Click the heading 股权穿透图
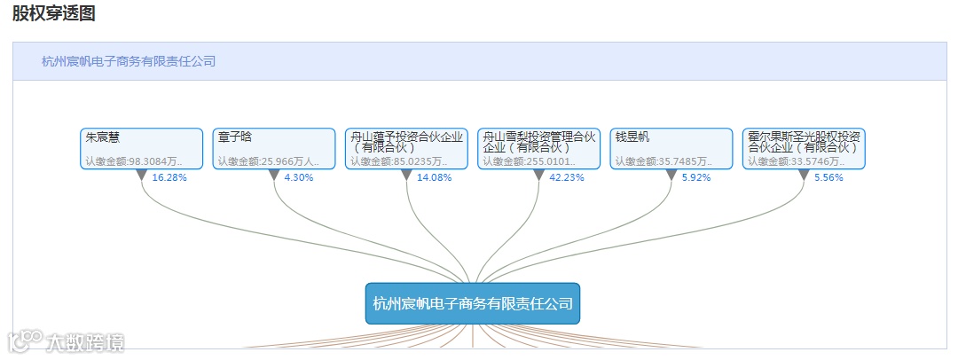click(53, 13)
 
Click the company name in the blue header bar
click(129, 61)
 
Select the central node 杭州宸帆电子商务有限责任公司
click(473, 303)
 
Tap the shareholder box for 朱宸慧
click(141, 148)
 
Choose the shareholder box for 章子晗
click(273, 148)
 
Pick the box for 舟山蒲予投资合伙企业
click(406, 148)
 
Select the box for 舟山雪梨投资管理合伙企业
click(538, 148)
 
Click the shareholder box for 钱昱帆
click(671, 148)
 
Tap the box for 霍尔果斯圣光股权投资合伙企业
click(804, 148)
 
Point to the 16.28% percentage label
click(169, 177)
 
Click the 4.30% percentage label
click(298, 177)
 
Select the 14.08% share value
click(435, 177)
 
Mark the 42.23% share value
click(567, 177)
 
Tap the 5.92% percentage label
click(696, 177)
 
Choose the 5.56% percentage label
click(828, 177)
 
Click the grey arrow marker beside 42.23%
click(538, 175)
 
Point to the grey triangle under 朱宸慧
click(141, 175)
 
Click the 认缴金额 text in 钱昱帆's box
click(664, 161)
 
